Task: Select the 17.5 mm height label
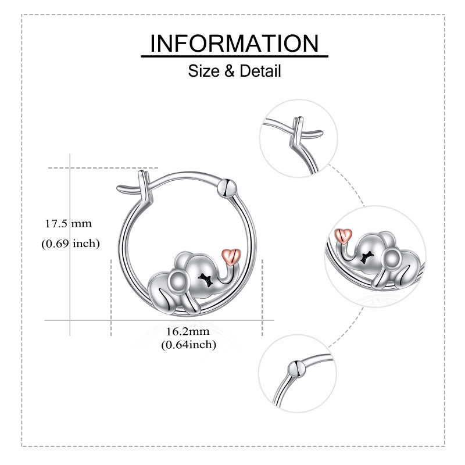click(x=69, y=223)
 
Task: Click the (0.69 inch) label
click(x=70, y=244)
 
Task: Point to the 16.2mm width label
click(x=187, y=331)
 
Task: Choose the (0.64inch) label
click(x=188, y=345)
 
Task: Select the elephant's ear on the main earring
click(x=178, y=283)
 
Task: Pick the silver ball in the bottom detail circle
click(x=296, y=369)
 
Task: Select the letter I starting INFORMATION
click(x=153, y=44)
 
